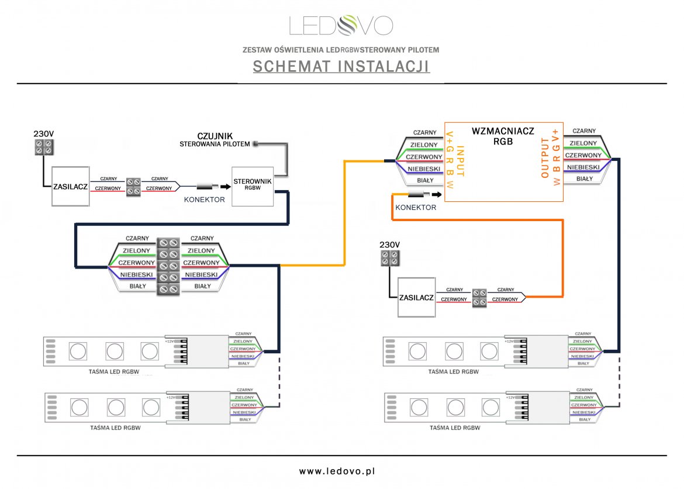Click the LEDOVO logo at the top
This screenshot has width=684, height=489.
point(341,25)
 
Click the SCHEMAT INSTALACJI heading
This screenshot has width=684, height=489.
point(341,67)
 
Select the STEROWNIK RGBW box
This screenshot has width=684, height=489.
point(253,185)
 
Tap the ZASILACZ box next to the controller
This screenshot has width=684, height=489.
point(71,186)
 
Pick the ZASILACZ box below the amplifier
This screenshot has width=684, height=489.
point(416,298)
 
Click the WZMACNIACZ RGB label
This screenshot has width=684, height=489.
point(503,136)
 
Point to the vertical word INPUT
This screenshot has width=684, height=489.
point(460,161)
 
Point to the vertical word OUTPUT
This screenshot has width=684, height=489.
point(545,158)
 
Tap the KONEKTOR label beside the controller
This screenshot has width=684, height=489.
point(205,199)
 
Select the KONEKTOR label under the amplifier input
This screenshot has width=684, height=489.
point(416,208)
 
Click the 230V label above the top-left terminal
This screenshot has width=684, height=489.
point(43,134)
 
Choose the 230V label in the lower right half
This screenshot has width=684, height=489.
point(389,244)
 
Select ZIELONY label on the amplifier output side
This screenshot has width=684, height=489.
point(583,143)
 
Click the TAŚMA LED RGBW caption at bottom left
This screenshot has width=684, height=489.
point(115,428)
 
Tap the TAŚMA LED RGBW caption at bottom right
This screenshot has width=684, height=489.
point(454,428)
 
